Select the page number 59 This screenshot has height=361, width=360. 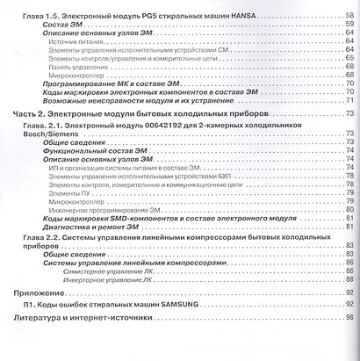pos(349,28)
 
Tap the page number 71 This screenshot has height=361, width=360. pos(349,101)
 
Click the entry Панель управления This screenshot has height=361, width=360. pos(78,64)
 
